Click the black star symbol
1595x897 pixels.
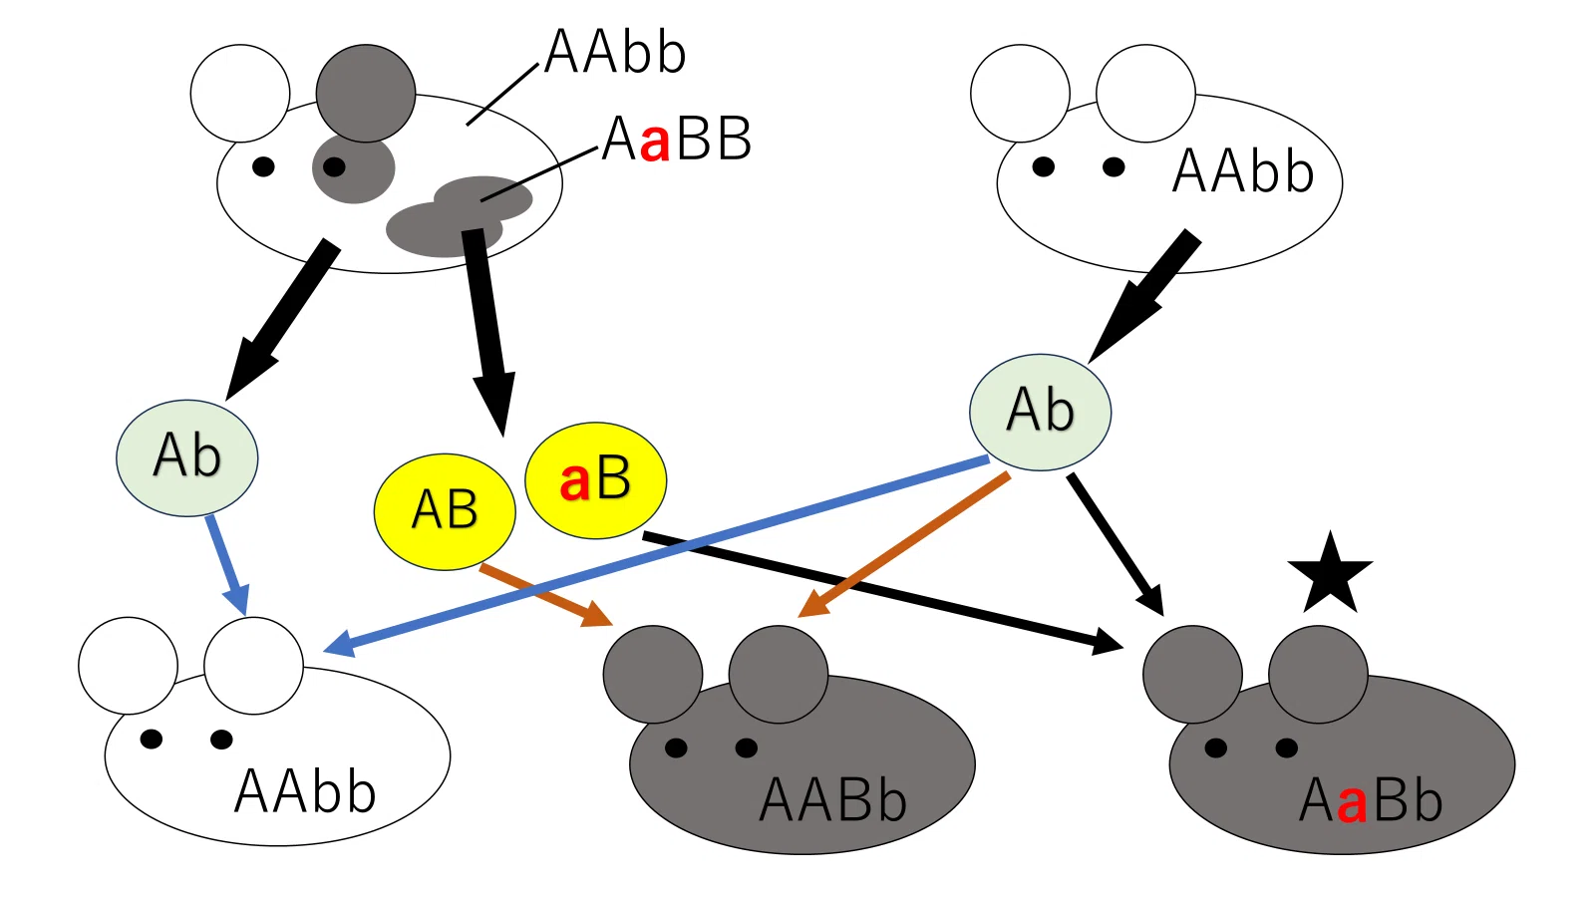(x=1330, y=575)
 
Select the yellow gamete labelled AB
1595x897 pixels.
(x=445, y=511)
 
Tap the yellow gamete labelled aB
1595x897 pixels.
(x=595, y=480)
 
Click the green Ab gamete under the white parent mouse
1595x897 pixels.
(x=1040, y=413)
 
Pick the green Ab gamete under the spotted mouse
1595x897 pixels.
(x=187, y=457)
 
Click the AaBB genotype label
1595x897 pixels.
(x=677, y=139)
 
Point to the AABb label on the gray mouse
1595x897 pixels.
(x=832, y=801)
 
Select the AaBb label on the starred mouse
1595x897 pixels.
(x=1371, y=801)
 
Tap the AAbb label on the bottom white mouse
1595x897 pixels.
(x=305, y=791)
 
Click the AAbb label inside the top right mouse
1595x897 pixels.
(x=1242, y=171)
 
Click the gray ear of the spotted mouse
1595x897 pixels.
(x=365, y=94)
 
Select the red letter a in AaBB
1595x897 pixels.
(x=654, y=144)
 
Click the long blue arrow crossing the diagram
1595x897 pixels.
(x=656, y=554)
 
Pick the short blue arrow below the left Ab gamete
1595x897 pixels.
(x=227, y=565)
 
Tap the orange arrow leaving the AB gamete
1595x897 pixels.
(x=546, y=595)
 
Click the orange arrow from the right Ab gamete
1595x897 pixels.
(x=903, y=544)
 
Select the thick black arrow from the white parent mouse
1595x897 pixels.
(x=1142, y=297)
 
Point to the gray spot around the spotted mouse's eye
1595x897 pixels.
(x=353, y=168)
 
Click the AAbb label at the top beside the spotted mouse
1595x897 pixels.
(x=614, y=52)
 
